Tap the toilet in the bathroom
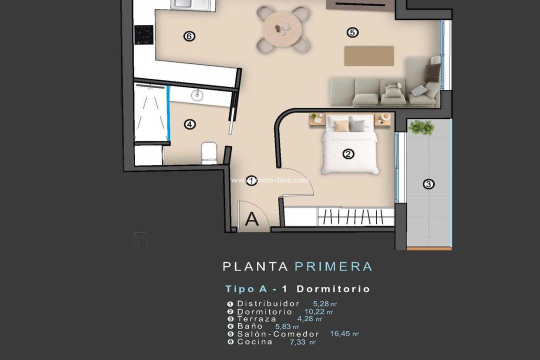click(x=208, y=152)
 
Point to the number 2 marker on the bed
click(x=348, y=154)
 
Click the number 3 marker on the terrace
click(x=428, y=184)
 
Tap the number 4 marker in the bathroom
click(x=189, y=124)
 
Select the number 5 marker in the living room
click(x=352, y=32)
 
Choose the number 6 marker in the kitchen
click(x=189, y=36)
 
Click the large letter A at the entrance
click(x=252, y=219)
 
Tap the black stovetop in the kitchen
click(x=143, y=34)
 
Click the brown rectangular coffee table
click(x=369, y=55)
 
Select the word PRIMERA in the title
click(x=333, y=266)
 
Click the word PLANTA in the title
click(x=255, y=266)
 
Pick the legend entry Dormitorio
click(x=264, y=311)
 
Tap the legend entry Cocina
click(x=254, y=342)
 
